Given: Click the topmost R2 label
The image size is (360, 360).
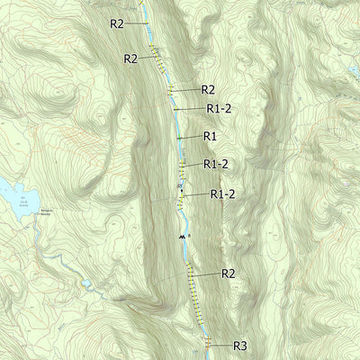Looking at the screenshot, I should click(x=116, y=23).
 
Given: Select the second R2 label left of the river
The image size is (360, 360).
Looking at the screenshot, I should click(x=130, y=58).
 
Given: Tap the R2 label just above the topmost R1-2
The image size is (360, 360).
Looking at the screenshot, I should click(x=208, y=89).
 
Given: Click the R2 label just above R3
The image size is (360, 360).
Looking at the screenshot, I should click(x=228, y=274).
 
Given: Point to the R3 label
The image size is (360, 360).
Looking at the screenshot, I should click(x=240, y=346).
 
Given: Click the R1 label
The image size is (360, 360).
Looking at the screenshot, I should click(x=210, y=136).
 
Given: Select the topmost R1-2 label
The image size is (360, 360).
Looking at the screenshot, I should click(x=220, y=108).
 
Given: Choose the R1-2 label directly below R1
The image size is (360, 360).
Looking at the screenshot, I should click(x=216, y=164).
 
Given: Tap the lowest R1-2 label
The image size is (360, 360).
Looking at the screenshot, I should click(x=223, y=193).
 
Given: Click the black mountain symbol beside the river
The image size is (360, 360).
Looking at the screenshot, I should click(x=182, y=235).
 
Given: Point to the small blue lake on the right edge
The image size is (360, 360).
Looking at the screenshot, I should click(x=355, y=69).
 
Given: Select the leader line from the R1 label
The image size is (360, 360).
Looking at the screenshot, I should click(x=190, y=137).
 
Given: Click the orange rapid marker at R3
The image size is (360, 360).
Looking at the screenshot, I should click(x=207, y=344).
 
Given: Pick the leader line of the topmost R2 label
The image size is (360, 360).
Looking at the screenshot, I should click(x=137, y=23).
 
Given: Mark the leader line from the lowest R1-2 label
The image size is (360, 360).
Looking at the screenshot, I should click(x=193, y=195).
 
